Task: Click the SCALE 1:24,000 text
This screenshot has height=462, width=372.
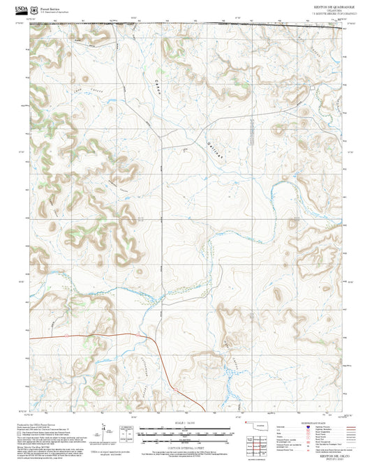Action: click(186, 423)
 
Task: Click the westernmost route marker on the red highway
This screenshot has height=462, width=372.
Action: click(39, 337)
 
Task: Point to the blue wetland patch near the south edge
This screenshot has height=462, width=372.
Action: click(230, 380)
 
